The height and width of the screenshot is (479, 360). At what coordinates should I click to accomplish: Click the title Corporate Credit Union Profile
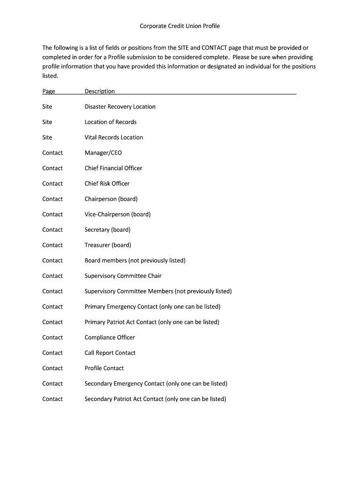180,26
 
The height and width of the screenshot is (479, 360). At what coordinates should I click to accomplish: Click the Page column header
49,91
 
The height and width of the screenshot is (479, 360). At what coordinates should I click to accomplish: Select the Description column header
100,91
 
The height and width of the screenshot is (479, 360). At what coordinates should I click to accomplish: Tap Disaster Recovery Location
120,107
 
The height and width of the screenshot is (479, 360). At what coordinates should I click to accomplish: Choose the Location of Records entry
110,122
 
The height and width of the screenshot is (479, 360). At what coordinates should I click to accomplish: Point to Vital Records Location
114,138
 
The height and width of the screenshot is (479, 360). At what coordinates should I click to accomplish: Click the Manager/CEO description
103,153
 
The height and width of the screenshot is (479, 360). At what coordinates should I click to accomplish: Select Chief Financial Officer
113,168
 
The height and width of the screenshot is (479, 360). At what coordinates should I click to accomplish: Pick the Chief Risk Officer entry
107,184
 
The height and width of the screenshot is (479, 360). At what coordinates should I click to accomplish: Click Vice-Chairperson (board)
117,214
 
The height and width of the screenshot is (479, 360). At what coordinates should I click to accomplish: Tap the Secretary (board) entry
108,230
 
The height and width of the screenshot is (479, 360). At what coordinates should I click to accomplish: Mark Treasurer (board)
108,245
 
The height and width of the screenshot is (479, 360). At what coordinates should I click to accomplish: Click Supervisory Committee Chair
123,276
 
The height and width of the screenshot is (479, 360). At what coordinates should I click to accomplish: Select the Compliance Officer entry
110,337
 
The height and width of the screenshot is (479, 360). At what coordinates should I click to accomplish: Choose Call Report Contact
110,353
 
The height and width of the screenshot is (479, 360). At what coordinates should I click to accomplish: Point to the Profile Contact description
104,368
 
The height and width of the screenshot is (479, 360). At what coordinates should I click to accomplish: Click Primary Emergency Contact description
152,307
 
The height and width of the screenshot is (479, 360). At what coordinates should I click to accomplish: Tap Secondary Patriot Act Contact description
155,399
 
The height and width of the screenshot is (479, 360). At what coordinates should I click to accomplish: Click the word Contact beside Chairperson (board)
52,199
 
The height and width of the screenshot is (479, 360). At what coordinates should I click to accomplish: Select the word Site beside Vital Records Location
47,138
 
